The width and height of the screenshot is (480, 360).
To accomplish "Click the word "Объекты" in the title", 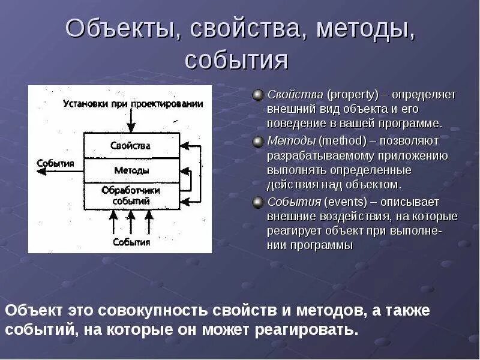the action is [x=118, y=30].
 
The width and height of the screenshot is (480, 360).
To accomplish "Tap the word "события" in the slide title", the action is [x=236, y=60].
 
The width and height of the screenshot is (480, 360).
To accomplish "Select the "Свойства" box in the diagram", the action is [x=131, y=146].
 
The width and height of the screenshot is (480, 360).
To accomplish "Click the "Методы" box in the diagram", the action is [x=131, y=170].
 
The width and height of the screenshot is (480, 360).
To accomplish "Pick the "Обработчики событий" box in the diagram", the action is [x=131, y=196].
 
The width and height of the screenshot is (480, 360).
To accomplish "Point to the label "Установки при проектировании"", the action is [x=133, y=104].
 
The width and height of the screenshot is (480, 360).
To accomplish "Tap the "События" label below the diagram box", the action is [x=131, y=242].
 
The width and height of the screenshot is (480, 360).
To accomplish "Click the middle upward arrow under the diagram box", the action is [x=131, y=223].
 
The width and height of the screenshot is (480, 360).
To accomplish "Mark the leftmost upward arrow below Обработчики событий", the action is [x=112, y=223].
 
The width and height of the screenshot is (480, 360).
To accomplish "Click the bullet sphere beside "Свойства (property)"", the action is [x=258, y=95].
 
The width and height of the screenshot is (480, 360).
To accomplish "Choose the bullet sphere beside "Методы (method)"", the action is [x=258, y=141].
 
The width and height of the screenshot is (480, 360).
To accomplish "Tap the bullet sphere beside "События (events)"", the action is [x=258, y=202].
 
